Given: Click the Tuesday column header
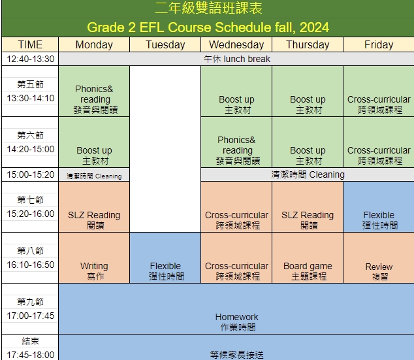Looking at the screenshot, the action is [165, 44].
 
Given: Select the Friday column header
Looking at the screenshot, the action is [379, 44].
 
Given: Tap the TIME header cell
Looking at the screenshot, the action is [30, 44].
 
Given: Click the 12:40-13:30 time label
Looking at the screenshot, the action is [30, 59].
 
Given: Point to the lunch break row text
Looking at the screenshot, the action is [237, 59].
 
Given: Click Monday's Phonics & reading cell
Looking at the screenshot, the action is [94, 91].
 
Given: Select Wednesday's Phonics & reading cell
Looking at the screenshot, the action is [236, 142].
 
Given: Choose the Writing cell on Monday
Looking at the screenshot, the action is [94, 258].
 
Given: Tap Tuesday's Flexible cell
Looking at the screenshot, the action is [165, 258].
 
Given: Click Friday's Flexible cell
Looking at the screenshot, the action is [379, 207].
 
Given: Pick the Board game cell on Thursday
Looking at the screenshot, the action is [308, 258].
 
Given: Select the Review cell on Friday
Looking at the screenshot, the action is [379, 258].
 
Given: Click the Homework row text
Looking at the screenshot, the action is [237, 322].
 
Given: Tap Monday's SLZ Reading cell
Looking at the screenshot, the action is [94, 207].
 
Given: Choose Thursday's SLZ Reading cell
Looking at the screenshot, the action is [308, 207].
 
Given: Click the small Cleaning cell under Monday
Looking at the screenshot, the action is [94, 174].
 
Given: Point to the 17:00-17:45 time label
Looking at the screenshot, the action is [30, 316].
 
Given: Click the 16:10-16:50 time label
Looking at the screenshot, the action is [30, 265].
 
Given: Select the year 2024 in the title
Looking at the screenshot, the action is [314, 27].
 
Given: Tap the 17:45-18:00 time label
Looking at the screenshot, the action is [30, 355].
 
